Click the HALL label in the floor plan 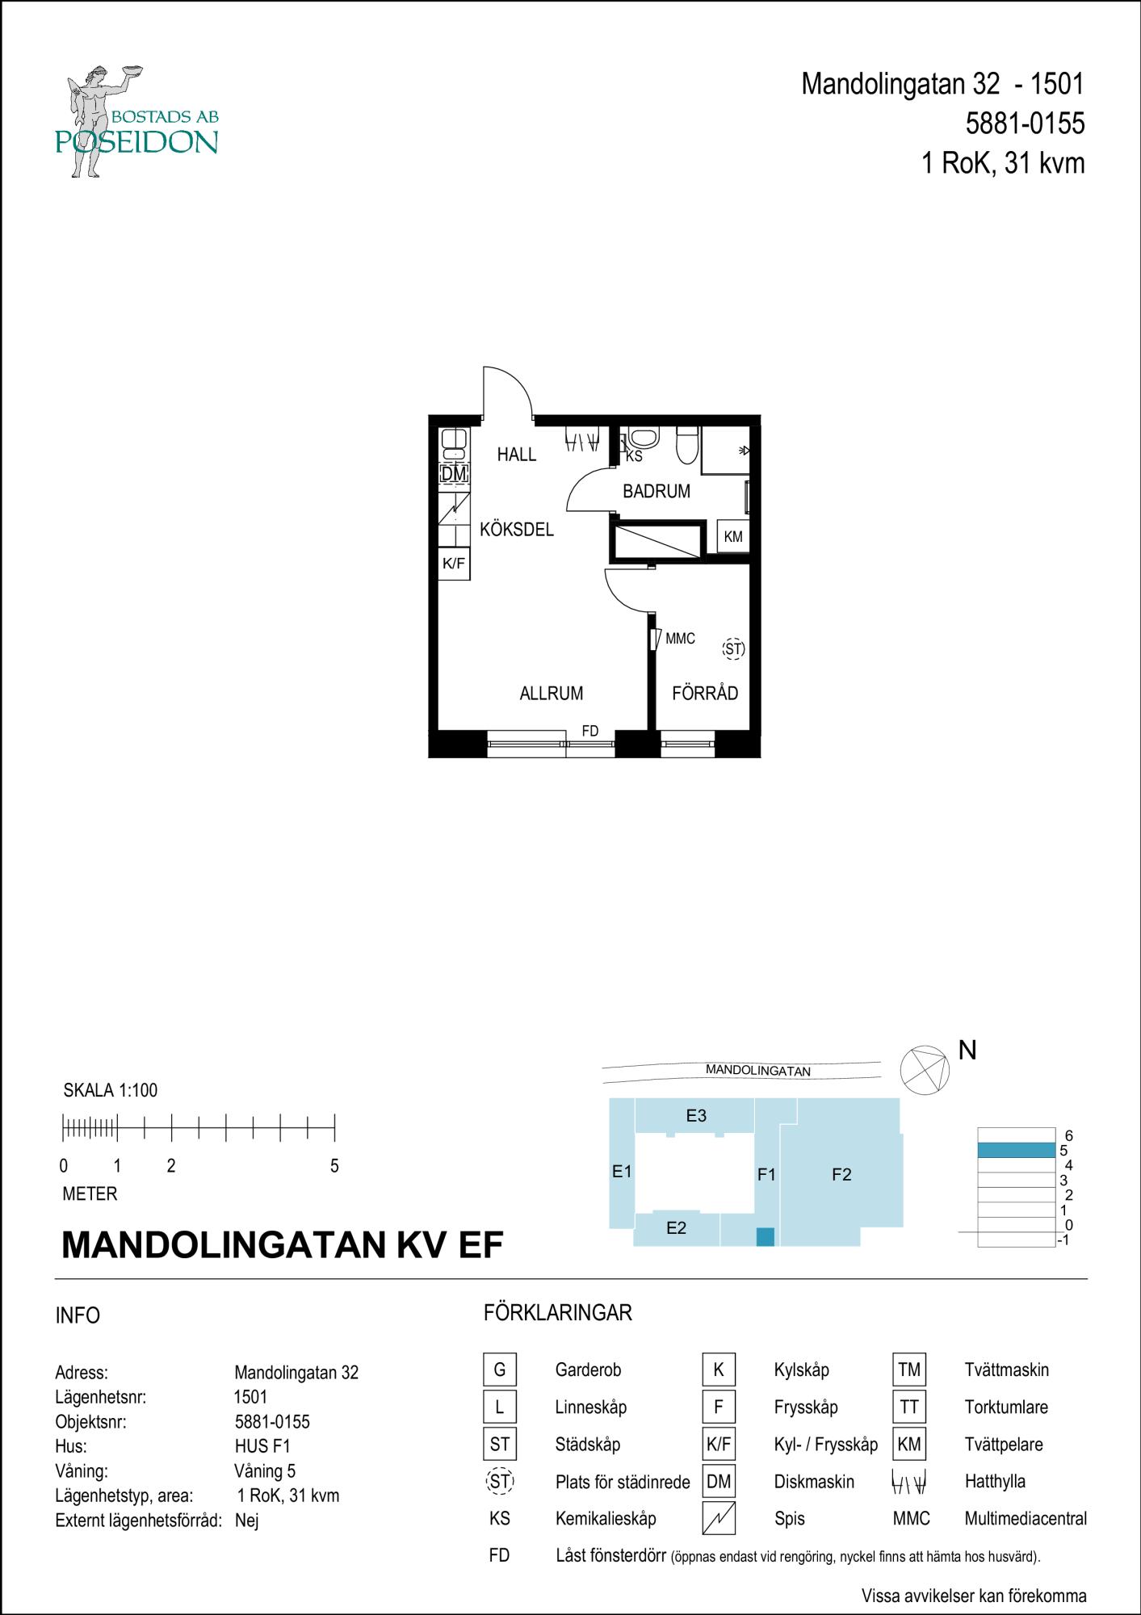coord(517,455)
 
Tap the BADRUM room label coord(656,491)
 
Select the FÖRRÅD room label coord(705,693)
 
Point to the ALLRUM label coord(552,693)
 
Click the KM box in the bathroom coord(733,536)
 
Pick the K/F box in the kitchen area coord(454,564)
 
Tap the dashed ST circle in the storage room coord(733,648)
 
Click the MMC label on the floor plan coord(680,639)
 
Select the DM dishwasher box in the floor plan coord(454,474)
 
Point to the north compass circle coord(925,1070)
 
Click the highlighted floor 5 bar coord(1016,1151)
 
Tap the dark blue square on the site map coord(765,1236)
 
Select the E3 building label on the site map coord(696,1116)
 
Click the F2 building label coord(841,1175)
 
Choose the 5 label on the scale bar coord(334,1166)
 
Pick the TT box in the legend coord(909,1407)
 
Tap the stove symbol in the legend coord(719,1519)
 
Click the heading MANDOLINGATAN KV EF coord(283,1245)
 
